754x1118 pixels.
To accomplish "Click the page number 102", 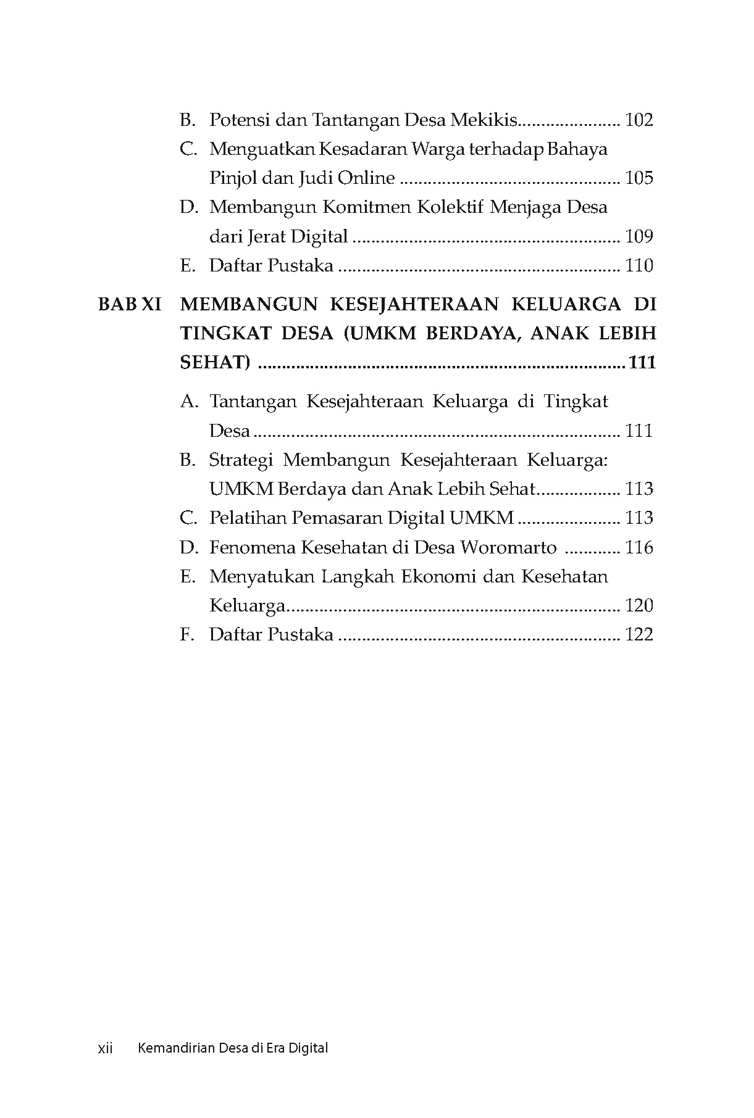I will click(x=639, y=120).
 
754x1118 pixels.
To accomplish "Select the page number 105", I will click(x=639, y=178).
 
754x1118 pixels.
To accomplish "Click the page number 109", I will click(x=639, y=236).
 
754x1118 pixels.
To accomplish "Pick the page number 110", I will click(x=639, y=266).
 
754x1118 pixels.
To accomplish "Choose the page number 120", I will click(x=639, y=606).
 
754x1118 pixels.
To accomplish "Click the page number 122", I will click(x=639, y=635).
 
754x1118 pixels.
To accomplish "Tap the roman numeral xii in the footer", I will click(x=106, y=1048).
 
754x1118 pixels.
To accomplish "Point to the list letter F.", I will click(x=186, y=635).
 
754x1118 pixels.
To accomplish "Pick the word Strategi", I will click(x=240, y=460).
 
